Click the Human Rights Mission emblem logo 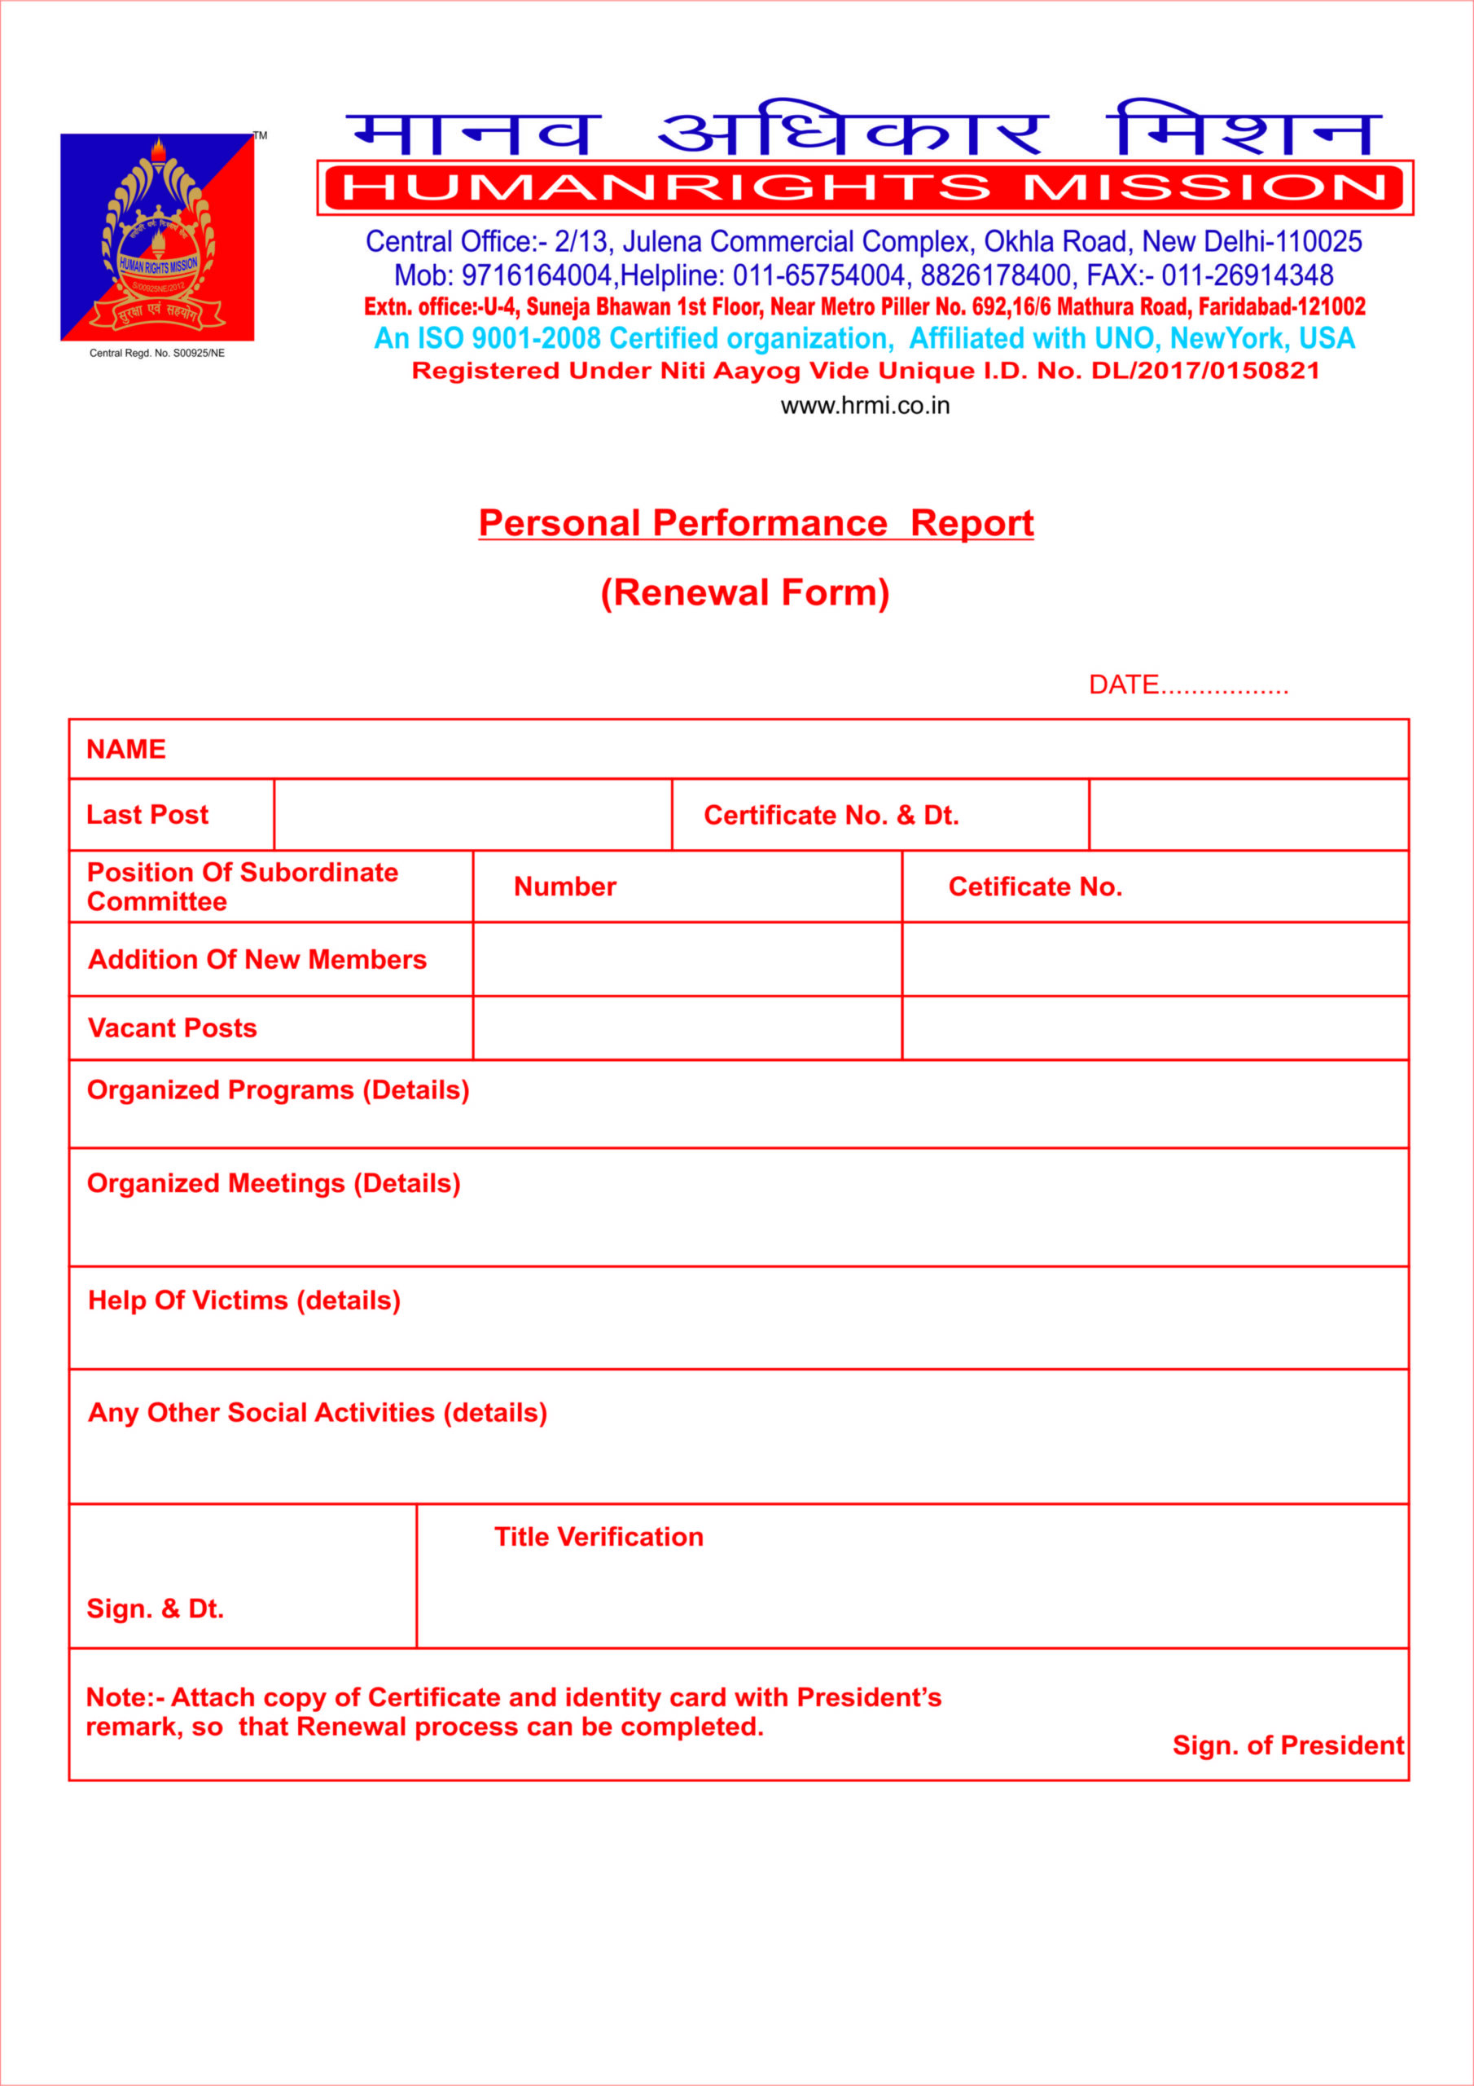click(x=157, y=237)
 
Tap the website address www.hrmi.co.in click(x=865, y=406)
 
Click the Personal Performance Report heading click(x=756, y=523)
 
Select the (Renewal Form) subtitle click(x=744, y=592)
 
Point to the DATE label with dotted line click(x=1188, y=685)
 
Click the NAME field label click(x=126, y=750)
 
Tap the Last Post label click(x=147, y=815)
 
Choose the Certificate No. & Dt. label click(x=831, y=816)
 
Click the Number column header click(x=565, y=887)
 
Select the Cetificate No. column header click(x=1035, y=887)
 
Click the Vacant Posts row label click(x=173, y=1028)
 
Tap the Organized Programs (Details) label click(x=278, y=1090)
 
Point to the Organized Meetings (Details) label click(x=274, y=1183)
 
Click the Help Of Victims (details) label click(x=244, y=1300)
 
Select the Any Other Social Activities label click(x=317, y=1413)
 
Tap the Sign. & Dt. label click(x=156, y=1609)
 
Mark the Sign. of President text click(x=1288, y=1745)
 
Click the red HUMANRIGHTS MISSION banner click(x=865, y=188)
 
